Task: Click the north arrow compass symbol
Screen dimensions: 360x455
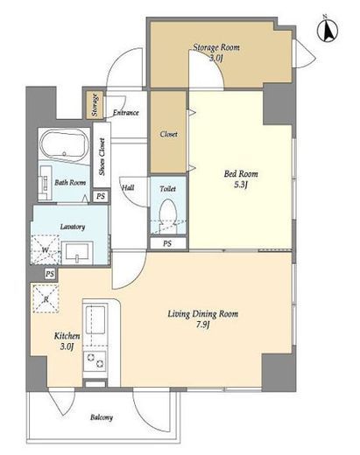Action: (x=328, y=30)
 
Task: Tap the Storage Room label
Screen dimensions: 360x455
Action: (x=216, y=47)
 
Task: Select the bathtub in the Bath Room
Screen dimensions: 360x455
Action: (x=64, y=144)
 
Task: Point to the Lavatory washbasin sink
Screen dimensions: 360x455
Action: (x=77, y=253)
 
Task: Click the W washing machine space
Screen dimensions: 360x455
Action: (x=46, y=250)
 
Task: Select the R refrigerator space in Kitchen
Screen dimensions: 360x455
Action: (x=46, y=298)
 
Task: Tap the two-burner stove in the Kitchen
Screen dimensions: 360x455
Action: (x=95, y=360)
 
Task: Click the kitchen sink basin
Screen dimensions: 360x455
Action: (x=95, y=320)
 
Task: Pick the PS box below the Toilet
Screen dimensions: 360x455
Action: (x=167, y=243)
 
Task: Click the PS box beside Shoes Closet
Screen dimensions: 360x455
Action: (x=101, y=196)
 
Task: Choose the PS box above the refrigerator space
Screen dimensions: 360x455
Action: (x=50, y=274)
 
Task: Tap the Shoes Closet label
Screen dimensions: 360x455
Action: (x=102, y=157)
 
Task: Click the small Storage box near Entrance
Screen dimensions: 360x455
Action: (x=95, y=105)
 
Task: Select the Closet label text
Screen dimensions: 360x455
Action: (x=168, y=134)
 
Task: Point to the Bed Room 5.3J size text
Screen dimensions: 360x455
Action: (x=241, y=185)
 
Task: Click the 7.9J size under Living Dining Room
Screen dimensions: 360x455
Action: (x=203, y=325)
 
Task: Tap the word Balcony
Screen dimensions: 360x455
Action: (x=102, y=417)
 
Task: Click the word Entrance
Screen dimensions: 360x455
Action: (x=125, y=113)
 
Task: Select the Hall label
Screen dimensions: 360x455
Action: (x=128, y=187)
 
